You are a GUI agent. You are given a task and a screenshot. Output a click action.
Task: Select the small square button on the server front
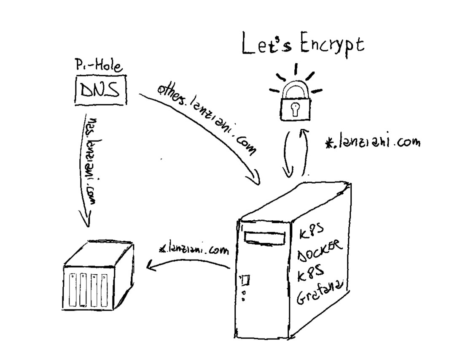click(245, 279)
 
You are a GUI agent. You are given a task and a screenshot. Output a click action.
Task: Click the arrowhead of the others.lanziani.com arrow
click(255, 179)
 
